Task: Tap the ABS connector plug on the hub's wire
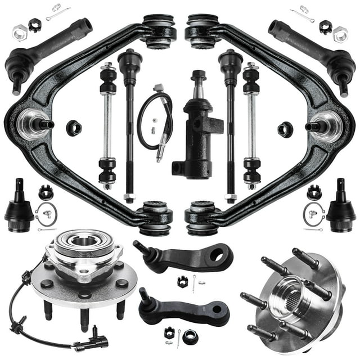[x=98, y=342]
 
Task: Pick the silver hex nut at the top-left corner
[x=19, y=33]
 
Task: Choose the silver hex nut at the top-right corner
[x=340, y=33]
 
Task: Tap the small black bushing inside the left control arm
[x=74, y=128]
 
